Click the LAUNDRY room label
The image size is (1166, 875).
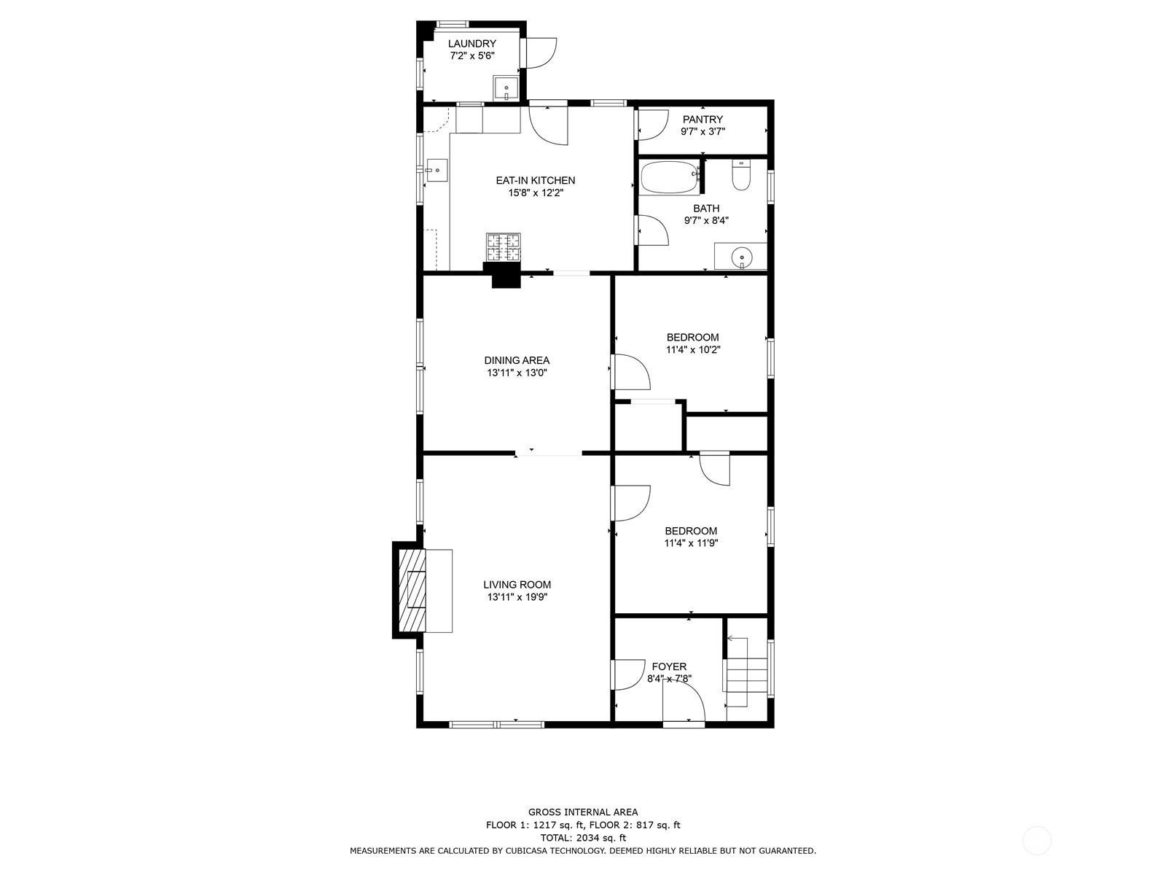coord(472,44)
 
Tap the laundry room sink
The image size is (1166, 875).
coord(505,89)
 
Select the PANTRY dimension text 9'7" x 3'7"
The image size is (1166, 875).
coord(703,131)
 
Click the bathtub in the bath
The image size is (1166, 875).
coord(670,177)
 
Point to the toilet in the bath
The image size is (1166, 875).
coord(740,175)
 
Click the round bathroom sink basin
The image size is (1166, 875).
coord(742,258)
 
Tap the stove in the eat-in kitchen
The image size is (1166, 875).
coord(503,248)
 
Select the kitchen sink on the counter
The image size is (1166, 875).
coord(436,171)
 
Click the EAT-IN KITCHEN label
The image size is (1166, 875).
coord(536,181)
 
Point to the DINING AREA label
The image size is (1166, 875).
coord(517,361)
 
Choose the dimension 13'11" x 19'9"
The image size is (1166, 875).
coord(517,597)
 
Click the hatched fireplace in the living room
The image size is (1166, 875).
coord(412,590)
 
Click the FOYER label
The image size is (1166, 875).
coord(669,666)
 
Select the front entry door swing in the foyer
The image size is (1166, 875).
coord(684,701)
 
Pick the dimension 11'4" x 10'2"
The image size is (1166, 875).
coord(693,349)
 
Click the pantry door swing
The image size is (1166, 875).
coord(653,125)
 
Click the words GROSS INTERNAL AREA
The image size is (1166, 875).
coord(583,812)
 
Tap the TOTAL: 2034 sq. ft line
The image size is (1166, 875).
coord(583,838)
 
